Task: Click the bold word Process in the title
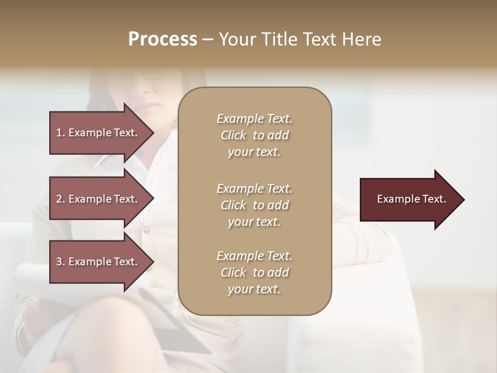(x=163, y=39)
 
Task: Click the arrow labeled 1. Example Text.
(x=98, y=133)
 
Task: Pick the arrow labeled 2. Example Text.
(x=98, y=199)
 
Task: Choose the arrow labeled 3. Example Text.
(x=98, y=262)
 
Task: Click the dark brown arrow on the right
(x=409, y=199)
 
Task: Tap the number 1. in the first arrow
(x=61, y=133)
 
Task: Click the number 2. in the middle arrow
(x=61, y=199)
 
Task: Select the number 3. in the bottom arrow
(x=61, y=262)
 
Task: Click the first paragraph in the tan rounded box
(x=254, y=135)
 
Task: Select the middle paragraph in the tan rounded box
(x=254, y=205)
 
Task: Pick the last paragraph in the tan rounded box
(x=254, y=272)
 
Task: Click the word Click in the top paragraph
(x=233, y=135)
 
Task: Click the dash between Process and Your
(x=208, y=40)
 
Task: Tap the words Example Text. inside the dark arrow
(x=411, y=199)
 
